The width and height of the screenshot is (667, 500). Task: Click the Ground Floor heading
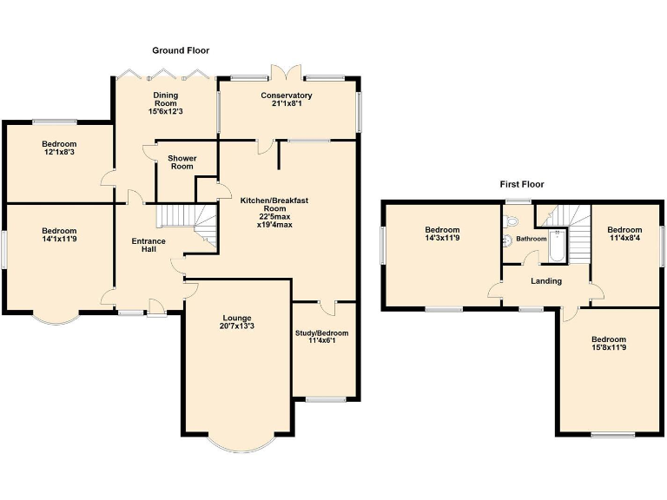[x=181, y=50]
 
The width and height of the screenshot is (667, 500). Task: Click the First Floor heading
[x=521, y=184]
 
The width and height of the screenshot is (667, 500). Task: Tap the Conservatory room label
[x=286, y=95]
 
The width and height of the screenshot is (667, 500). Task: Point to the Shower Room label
[x=182, y=162]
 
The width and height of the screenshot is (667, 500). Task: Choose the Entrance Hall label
[x=149, y=246]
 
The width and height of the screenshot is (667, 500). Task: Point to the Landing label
[x=546, y=280]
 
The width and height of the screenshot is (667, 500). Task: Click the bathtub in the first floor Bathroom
[x=557, y=246]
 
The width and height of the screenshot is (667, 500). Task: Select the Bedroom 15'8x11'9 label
[x=608, y=345]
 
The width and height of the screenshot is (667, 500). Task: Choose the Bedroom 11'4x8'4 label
[x=624, y=235]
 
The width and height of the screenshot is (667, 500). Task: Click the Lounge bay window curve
[x=236, y=448]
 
